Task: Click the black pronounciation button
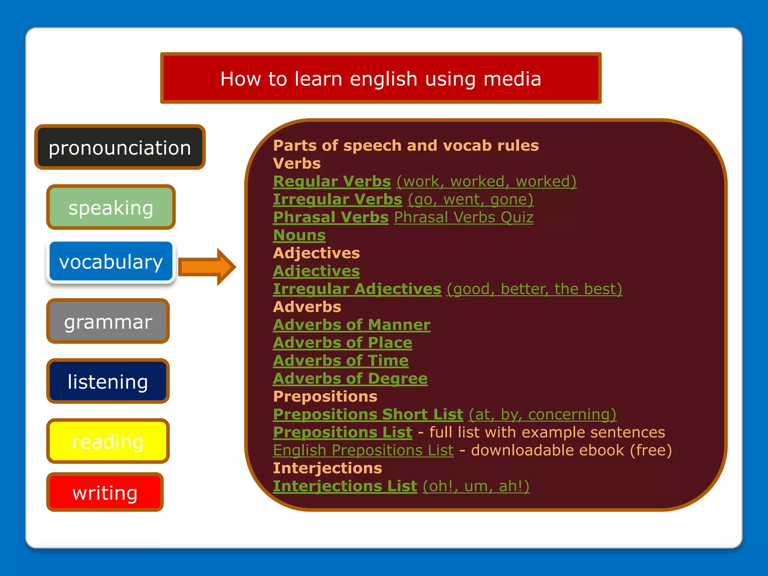pyautogui.click(x=120, y=147)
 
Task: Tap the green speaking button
pyautogui.click(x=111, y=207)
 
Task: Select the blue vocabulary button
pyautogui.click(x=111, y=261)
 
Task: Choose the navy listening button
pyautogui.click(x=108, y=381)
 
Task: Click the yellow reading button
pyautogui.click(x=108, y=441)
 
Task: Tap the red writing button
pyautogui.click(x=105, y=492)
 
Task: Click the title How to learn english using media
pyautogui.click(x=381, y=78)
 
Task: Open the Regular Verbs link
pyautogui.click(x=332, y=181)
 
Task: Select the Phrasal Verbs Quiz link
pyautogui.click(x=463, y=217)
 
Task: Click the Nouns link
pyautogui.click(x=299, y=235)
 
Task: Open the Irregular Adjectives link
pyautogui.click(x=357, y=289)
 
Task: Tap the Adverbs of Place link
pyautogui.click(x=342, y=343)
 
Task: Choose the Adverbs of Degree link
pyautogui.click(x=350, y=379)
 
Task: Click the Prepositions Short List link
pyautogui.click(x=368, y=414)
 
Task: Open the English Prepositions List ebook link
pyautogui.click(x=363, y=450)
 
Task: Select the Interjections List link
pyautogui.click(x=345, y=486)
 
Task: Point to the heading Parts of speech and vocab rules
pyautogui.click(x=406, y=145)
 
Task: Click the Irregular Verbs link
pyautogui.click(x=337, y=199)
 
